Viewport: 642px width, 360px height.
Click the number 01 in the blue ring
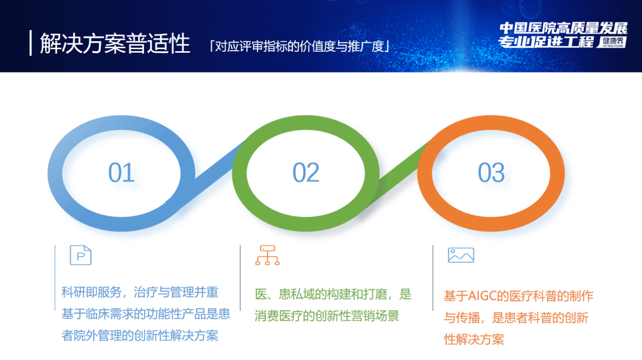[121, 172]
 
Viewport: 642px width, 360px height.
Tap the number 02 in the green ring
[306, 172]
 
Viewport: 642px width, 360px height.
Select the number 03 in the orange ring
[491, 172]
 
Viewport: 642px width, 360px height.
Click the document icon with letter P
[81, 255]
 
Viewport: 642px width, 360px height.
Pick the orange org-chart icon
[267, 255]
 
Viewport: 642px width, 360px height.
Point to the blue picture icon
[461, 255]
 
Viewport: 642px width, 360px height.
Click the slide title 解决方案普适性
[115, 43]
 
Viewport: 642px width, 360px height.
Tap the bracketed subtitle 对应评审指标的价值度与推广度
[300, 46]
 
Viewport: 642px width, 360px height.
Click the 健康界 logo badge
[612, 42]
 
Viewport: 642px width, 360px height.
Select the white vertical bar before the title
[30, 43]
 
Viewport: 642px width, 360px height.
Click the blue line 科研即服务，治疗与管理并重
[140, 293]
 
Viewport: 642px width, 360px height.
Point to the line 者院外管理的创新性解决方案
[140, 336]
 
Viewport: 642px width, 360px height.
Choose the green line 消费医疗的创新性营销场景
[327, 316]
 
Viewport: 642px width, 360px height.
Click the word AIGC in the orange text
[482, 296]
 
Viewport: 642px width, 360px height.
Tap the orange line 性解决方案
[474, 340]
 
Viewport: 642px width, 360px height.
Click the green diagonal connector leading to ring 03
[399, 175]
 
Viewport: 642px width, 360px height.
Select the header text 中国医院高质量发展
[563, 28]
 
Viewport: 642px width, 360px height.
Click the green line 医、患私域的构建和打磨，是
[333, 295]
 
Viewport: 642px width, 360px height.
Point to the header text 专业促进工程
[547, 42]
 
